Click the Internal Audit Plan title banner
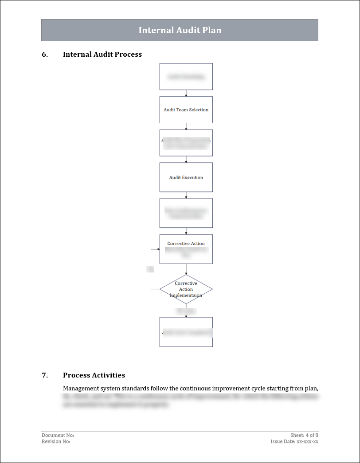pyautogui.click(x=180, y=30)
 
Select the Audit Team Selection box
pyautogui.click(x=186, y=109)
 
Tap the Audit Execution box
pyautogui.click(x=186, y=177)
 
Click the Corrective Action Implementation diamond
pyautogui.click(x=186, y=289)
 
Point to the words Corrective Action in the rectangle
pyautogui.click(x=186, y=244)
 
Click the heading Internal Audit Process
pyautogui.click(x=102, y=54)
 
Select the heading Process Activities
pyautogui.click(x=94, y=375)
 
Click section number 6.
pyautogui.click(x=45, y=54)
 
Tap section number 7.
pyautogui.click(x=45, y=375)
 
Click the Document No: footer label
pyautogui.click(x=58, y=436)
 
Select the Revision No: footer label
pyautogui.click(x=56, y=442)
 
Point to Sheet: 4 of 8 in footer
pyautogui.click(x=304, y=436)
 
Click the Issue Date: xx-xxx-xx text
pyautogui.click(x=294, y=442)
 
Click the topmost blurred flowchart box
pyautogui.click(x=186, y=77)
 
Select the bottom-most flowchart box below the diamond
pyautogui.click(x=186, y=332)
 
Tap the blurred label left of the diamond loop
pyautogui.click(x=150, y=269)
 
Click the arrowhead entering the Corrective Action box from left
pyautogui.click(x=158, y=249)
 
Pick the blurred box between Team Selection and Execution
pyautogui.click(x=186, y=143)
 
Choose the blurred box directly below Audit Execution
pyautogui.click(x=186, y=213)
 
